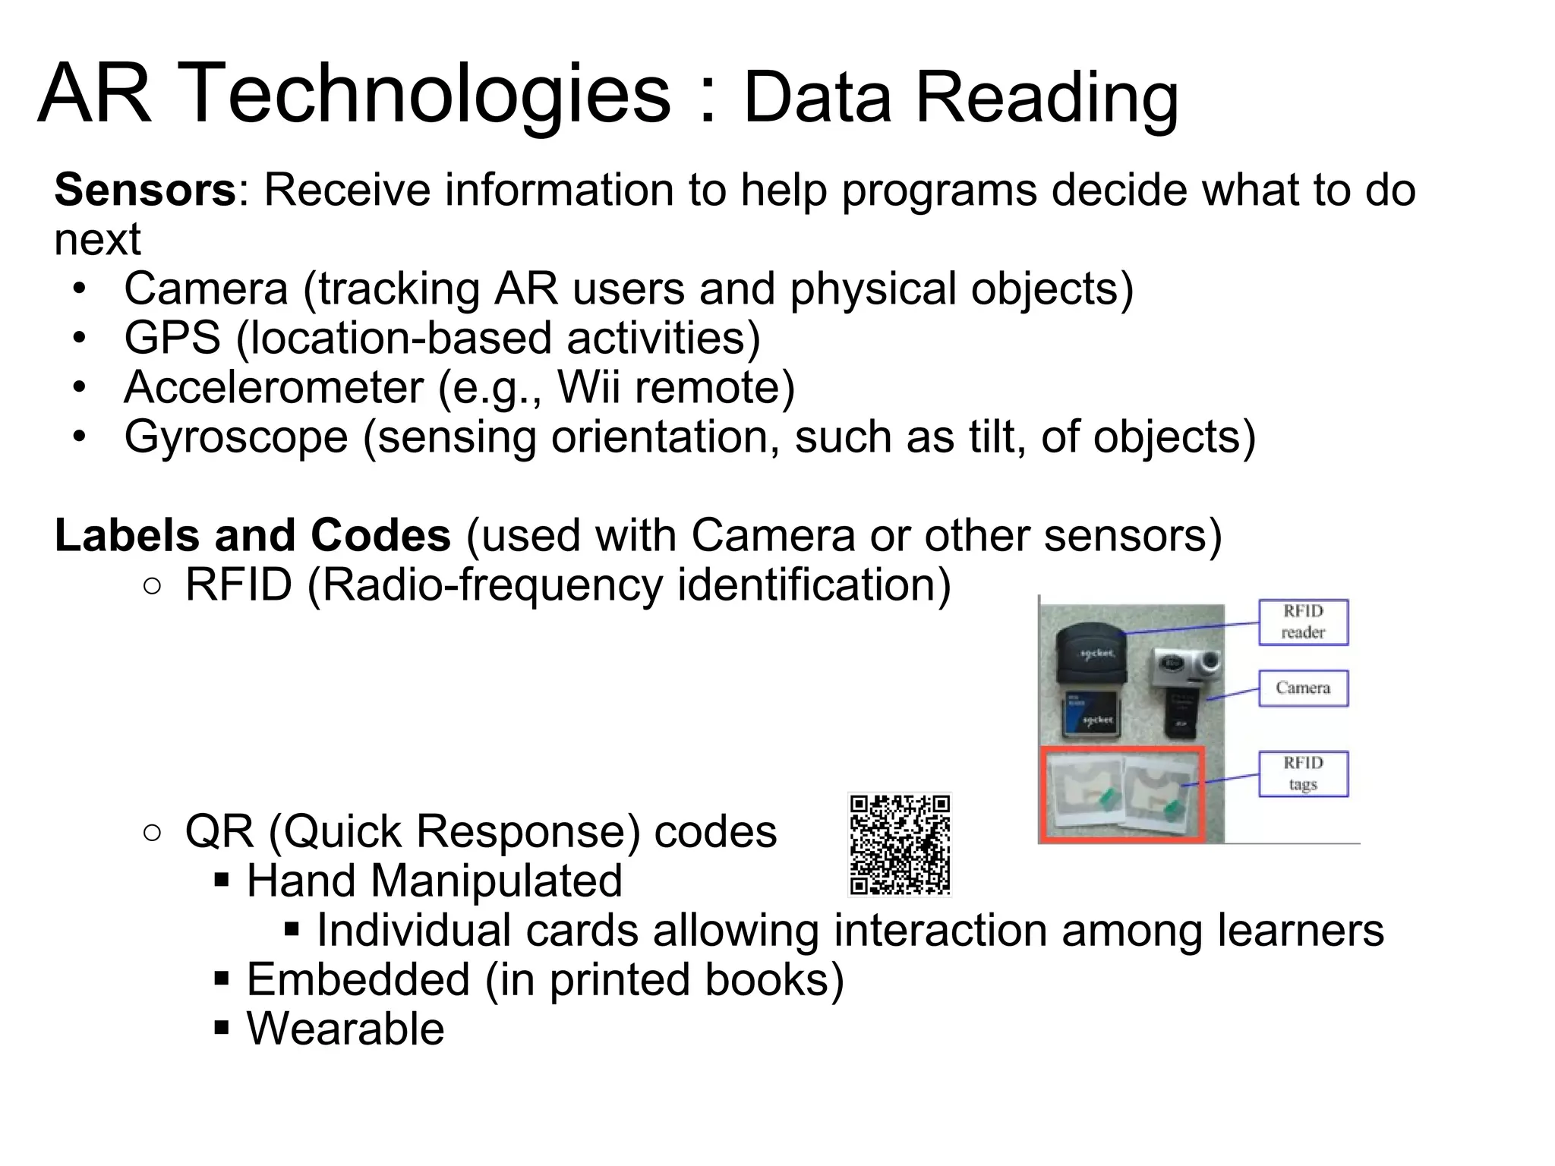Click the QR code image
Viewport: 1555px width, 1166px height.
[x=900, y=844]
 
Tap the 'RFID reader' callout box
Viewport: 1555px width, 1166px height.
[x=1303, y=622]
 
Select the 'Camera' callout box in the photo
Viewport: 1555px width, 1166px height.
[x=1303, y=688]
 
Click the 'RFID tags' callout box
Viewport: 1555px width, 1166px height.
[x=1303, y=774]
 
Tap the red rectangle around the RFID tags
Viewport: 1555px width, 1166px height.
[x=1122, y=795]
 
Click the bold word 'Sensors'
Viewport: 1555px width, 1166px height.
[x=145, y=190]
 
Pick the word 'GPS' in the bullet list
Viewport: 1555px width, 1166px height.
[x=172, y=338]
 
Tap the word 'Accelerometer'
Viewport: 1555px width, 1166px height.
[x=273, y=387]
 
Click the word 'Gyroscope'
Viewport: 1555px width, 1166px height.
[x=236, y=437]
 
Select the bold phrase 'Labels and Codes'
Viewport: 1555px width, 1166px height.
[x=253, y=535]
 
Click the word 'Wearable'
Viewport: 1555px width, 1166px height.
[x=345, y=1029]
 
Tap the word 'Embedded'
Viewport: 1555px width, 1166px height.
[x=358, y=979]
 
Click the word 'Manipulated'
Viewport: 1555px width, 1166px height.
[x=497, y=881]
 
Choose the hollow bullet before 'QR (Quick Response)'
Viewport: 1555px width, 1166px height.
[x=152, y=833]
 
